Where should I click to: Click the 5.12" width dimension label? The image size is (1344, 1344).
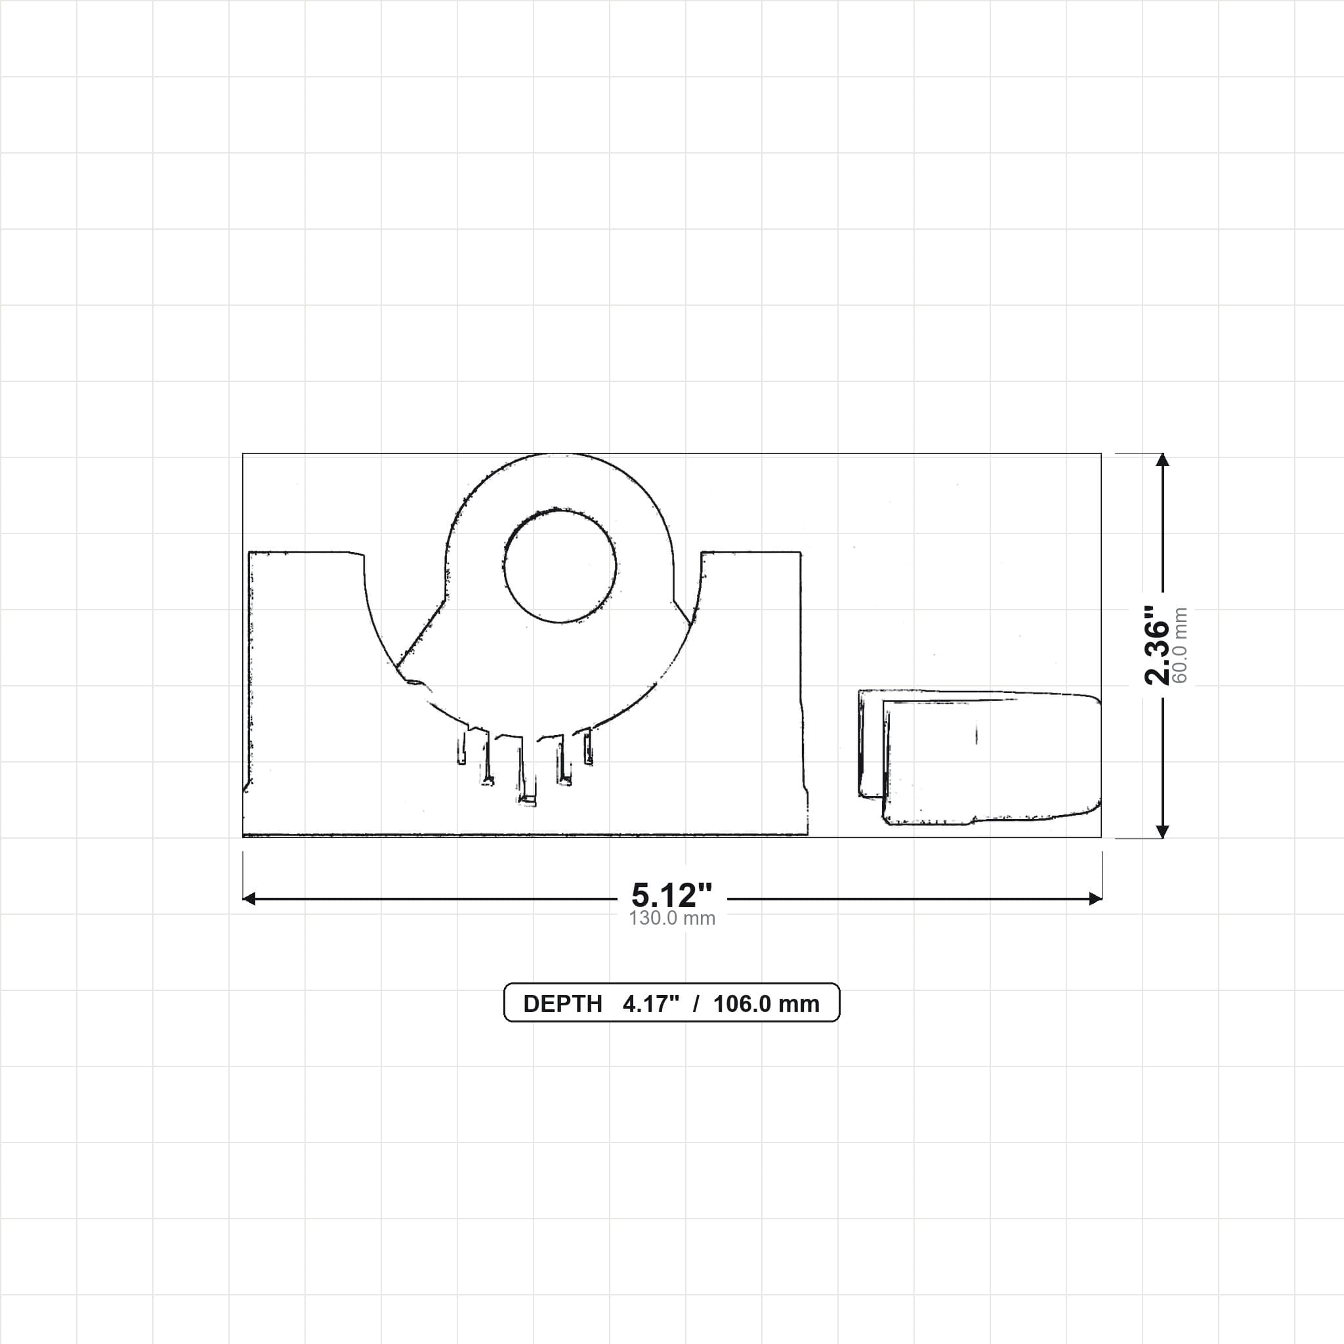pos(671,894)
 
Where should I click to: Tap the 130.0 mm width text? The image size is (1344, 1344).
pos(672,918)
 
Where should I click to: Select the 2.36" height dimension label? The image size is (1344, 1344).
pos(1158,645)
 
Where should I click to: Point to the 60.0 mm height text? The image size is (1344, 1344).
pos(1181,646)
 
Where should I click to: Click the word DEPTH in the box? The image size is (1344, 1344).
pos(563,1004)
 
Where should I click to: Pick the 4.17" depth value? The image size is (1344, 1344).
pos(651,1004)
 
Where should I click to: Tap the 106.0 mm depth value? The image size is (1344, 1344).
pos(766,1004)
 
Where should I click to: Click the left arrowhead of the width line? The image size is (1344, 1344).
pos(248,899)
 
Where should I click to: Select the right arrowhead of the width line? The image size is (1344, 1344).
pos(1096,899)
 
